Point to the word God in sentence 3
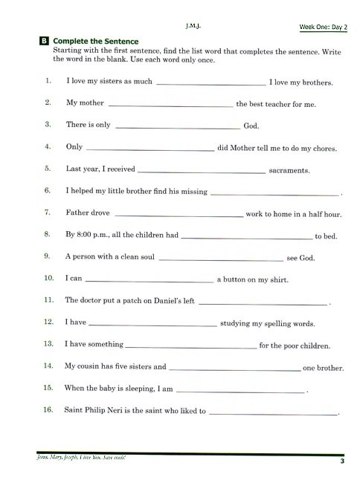click(x=251, y=126)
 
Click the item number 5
click(x=48, y=169)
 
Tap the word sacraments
click(x=289, y=170)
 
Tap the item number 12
click(x=49, y=322)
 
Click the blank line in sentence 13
click(x=191, y=347)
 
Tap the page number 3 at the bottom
click(x=342, y=461)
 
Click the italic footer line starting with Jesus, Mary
click(x=82, y=458)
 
